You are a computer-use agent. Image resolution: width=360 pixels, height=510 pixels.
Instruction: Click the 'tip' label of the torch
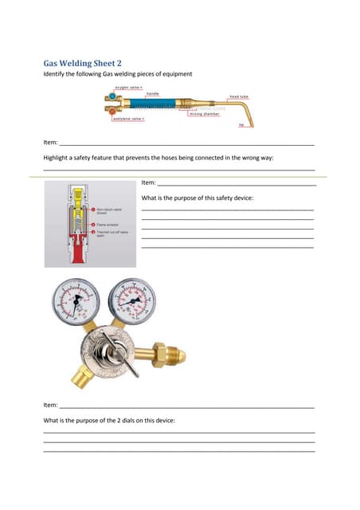point(241,124)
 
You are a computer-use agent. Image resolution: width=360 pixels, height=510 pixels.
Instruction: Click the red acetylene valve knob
point(112,110)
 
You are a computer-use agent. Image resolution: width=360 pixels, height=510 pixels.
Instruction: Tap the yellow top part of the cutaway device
point(76,194)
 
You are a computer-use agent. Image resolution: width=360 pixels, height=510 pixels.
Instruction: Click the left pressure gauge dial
point(76,302)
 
